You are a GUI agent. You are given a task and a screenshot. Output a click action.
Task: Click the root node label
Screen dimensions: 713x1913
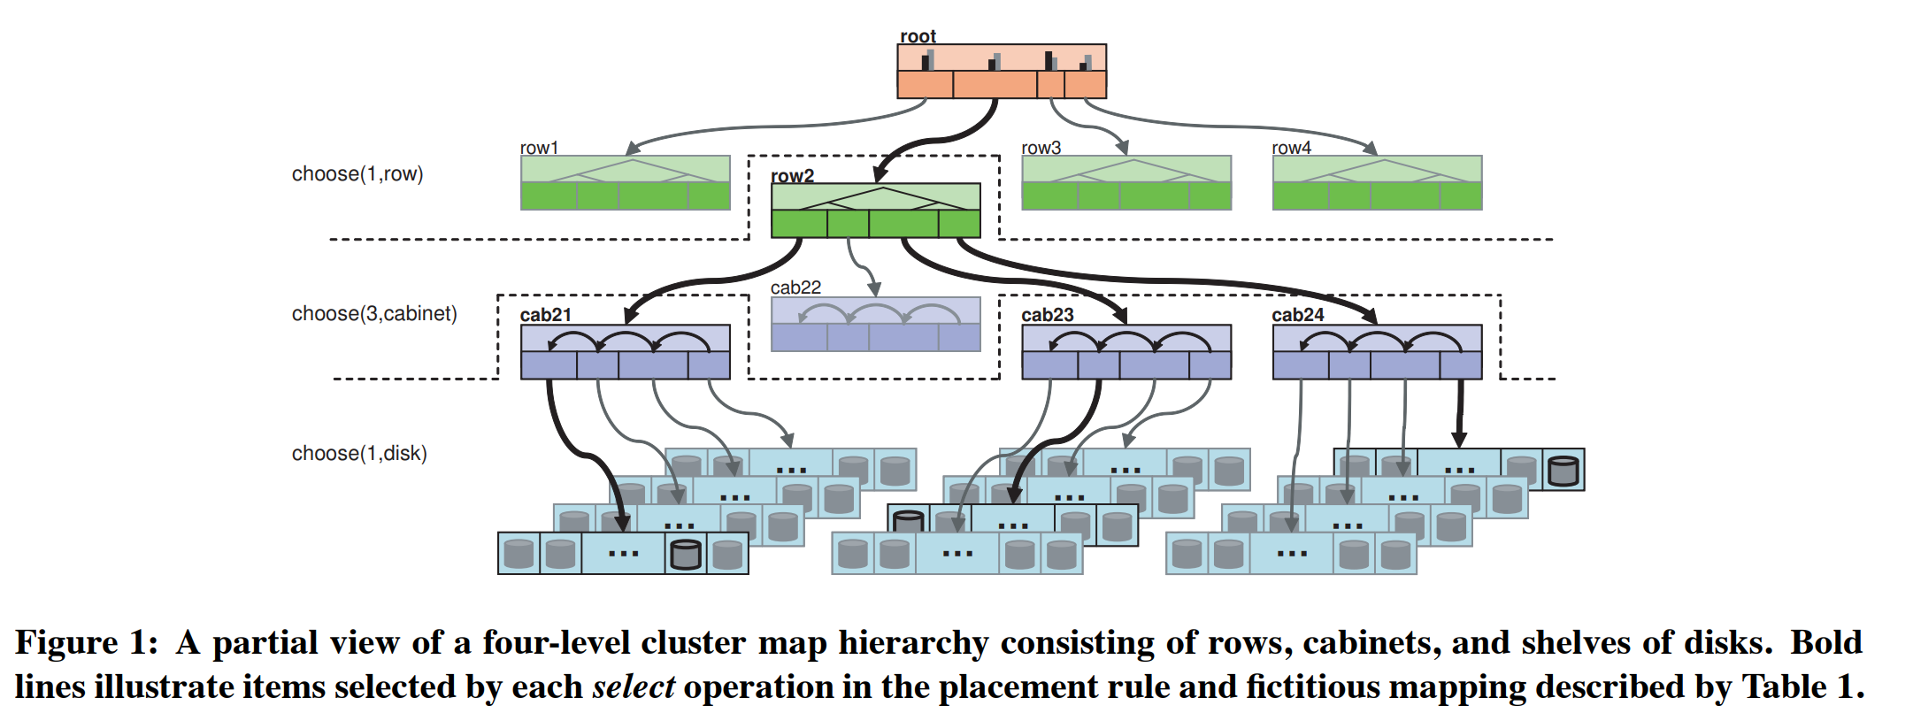918,36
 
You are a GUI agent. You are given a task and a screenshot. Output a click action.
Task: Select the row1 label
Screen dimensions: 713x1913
539,148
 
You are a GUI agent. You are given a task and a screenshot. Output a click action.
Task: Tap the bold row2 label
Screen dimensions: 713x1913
792,175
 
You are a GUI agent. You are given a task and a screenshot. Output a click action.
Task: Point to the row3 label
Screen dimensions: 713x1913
1041,148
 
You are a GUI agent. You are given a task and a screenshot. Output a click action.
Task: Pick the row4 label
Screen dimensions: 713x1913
1291,148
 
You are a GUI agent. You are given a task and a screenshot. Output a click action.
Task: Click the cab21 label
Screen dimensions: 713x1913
545,315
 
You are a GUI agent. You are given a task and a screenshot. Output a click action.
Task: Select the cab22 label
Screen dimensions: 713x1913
795,287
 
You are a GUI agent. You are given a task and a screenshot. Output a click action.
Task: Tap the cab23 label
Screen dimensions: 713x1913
1047,315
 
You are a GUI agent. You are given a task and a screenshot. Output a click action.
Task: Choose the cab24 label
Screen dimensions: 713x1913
1297,315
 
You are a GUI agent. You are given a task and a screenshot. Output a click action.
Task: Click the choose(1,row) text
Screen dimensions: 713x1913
357,174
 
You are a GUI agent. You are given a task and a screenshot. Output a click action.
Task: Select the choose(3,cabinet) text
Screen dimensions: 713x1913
374,314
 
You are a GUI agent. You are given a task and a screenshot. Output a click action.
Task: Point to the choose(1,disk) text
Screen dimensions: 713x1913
359,454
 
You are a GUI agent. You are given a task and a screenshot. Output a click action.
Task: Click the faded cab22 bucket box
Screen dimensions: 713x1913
875,325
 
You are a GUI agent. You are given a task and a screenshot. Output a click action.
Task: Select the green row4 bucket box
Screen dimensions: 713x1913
1377,183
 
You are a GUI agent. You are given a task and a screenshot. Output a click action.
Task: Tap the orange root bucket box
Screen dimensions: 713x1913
1002,72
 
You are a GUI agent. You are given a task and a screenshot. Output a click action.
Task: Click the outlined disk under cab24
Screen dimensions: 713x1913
1563,471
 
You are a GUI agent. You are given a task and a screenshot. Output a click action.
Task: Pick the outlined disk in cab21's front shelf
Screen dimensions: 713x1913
686,555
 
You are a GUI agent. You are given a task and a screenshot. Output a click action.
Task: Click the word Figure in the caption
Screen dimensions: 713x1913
66,643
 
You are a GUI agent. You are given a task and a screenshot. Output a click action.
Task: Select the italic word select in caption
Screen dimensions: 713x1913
633,687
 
